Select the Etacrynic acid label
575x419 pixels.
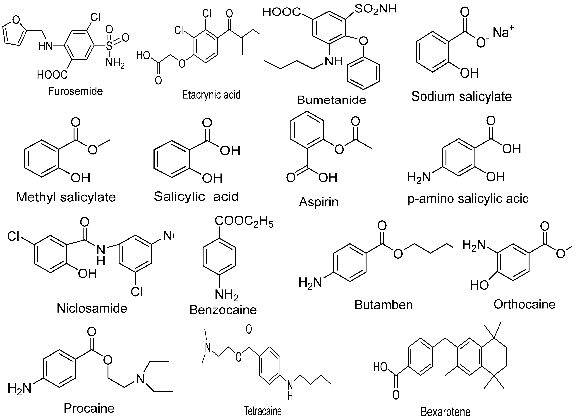coord(211,95)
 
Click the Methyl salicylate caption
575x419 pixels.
coord(66,197)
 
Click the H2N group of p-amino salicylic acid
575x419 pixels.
coord(419,177)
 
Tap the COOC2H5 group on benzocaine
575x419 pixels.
coord(244,221)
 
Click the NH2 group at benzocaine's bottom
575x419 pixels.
coord(226,295)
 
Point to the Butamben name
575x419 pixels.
coord(384,305)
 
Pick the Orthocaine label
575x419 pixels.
coord(524,304)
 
